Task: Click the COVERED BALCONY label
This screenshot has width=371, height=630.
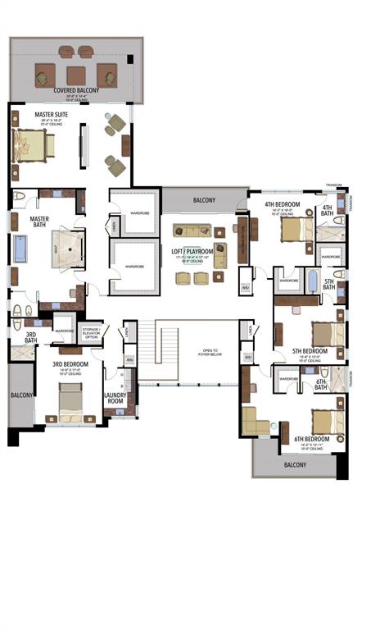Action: point(77,90)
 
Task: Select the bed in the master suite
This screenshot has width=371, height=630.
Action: point(33,146)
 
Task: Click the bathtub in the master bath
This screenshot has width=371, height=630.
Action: point(20,249)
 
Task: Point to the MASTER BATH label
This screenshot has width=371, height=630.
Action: point(39,223)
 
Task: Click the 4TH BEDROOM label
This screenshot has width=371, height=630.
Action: point(282,204)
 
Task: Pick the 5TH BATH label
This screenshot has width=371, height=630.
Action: point(329,285)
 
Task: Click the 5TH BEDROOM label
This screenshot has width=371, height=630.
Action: point(310,351)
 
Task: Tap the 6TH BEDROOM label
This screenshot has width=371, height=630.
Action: point(311,440)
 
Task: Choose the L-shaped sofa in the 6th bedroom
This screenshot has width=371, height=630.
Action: point(256,421)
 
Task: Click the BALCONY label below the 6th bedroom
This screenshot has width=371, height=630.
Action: point(294,464)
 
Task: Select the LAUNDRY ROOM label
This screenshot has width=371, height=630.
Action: point(115,398)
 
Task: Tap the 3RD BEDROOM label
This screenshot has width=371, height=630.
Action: point(70,363)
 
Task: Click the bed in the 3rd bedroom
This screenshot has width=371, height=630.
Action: point(70,402)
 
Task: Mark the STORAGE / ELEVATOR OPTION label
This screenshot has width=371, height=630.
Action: point(91,333)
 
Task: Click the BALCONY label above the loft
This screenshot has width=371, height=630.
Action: point(204,200)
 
